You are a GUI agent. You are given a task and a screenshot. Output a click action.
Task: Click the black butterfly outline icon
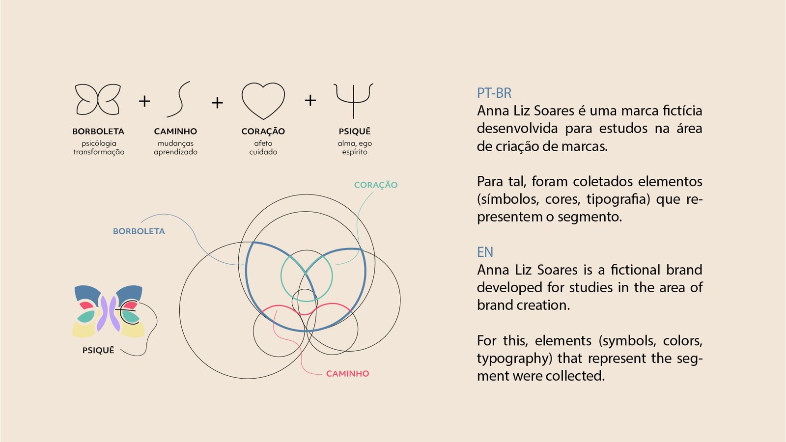(x=98, y=100)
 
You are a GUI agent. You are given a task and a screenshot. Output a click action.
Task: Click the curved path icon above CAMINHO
(x=178, y=100)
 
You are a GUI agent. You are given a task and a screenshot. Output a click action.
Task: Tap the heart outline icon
(x=263, y=101)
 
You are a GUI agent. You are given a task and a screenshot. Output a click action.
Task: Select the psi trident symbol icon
(x=354, y=100)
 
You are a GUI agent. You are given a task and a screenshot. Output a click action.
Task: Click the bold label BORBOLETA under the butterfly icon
(x=98, y=131)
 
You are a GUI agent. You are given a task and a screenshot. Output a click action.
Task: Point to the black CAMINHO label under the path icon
(x=175, y=131)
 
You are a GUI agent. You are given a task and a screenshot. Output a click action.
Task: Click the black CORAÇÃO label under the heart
(x=263, y=131)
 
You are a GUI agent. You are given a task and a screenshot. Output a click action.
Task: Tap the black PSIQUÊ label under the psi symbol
(x=355, y=131)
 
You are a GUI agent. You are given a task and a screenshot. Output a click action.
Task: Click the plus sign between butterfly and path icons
(x=144, y=101)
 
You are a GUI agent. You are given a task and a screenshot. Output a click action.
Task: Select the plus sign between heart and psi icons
(x=310, y=101)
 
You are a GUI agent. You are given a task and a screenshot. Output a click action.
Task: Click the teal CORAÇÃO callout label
(x=376, y=185)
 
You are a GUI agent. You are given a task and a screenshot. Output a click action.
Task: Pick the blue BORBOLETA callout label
(x=139, y=231)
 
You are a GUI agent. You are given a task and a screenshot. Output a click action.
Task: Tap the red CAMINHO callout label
(x=348, y=374)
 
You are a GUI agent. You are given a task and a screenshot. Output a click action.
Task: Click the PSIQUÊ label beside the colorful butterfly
(x=98, y=350)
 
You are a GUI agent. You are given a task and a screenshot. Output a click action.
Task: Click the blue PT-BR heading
(x=494, y=93)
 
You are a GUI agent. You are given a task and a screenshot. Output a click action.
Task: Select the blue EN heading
(x=485, y=252)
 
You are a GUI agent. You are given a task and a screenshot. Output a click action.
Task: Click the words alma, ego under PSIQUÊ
(x=355, y=143)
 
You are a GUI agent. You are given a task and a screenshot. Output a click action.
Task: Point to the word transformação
(x=99, y=152)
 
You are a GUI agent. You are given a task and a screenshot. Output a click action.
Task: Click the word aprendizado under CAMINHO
(x=175, y=152)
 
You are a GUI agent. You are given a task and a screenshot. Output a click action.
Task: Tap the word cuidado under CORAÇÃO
(x=263, y=152)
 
